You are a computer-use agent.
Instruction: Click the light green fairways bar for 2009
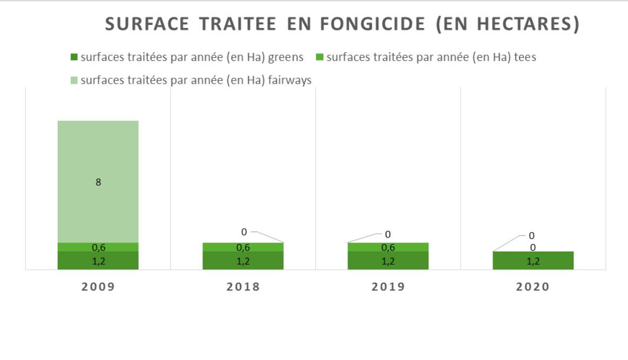pos(98,162)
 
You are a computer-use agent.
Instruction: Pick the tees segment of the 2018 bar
pos(221,247)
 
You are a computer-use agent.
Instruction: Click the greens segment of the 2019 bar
pos(367,260)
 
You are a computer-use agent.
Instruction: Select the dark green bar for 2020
pos(513,260)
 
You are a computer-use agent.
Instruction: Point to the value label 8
pos(98,182)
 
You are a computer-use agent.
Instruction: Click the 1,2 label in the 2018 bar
pos(243,261)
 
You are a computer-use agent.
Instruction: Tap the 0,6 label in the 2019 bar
pos(388,248)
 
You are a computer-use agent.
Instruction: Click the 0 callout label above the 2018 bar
pos(244,232)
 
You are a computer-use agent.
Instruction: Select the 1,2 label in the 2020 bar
pos(533,261)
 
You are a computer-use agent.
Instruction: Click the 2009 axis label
pos(98,287)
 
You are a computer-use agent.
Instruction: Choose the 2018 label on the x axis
pos(243,287)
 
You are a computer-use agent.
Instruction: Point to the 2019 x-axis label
pos(388,287)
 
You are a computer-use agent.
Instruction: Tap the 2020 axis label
pos(533,287)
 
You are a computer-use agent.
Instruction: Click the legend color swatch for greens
pos(74,57)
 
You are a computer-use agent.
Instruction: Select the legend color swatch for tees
pos(319,57)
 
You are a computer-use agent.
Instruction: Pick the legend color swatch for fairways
pos(74,80)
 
